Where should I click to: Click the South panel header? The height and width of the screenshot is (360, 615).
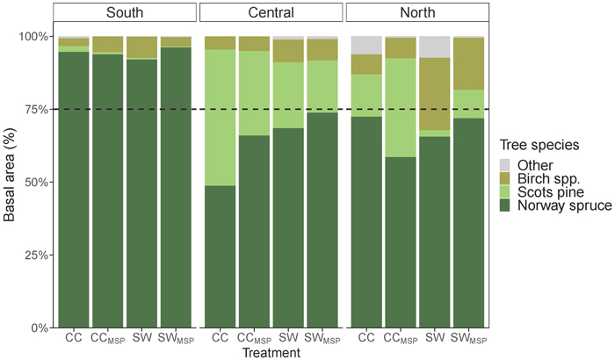click(x=125, y=12)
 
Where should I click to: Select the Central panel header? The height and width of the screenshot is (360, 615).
click(x=271, y=12)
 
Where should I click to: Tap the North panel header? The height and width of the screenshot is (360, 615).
click(x=417, y=12)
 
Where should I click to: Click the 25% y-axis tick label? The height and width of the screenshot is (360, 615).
click(x=33, y=256)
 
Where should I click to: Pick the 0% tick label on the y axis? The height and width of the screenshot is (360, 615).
click(x=39, y=328)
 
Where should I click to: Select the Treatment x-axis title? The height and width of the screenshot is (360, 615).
click(x=271, y=353)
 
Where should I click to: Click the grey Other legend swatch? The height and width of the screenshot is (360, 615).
click(x=505, y=165)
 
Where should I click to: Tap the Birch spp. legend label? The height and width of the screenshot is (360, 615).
click(x=548, y=178)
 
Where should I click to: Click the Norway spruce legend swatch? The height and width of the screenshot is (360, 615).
click(x=505, y=205)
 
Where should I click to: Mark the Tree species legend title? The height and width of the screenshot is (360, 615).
click(x=539, y=145)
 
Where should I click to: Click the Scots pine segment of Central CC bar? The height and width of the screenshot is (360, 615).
click(x=220, y=118)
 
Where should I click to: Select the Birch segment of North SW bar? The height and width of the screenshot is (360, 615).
click(x=435, y=94)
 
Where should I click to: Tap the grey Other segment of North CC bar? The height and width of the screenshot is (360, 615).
click(x=366, y=45)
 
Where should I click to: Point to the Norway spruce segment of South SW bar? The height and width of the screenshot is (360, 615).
click(x=141, y=193)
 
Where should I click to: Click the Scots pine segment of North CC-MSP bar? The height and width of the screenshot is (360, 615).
click(x=401, y=107)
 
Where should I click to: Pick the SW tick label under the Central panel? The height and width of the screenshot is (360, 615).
click(x=289, y=337)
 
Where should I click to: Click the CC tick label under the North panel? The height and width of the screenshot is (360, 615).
click(x=366, y=337)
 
